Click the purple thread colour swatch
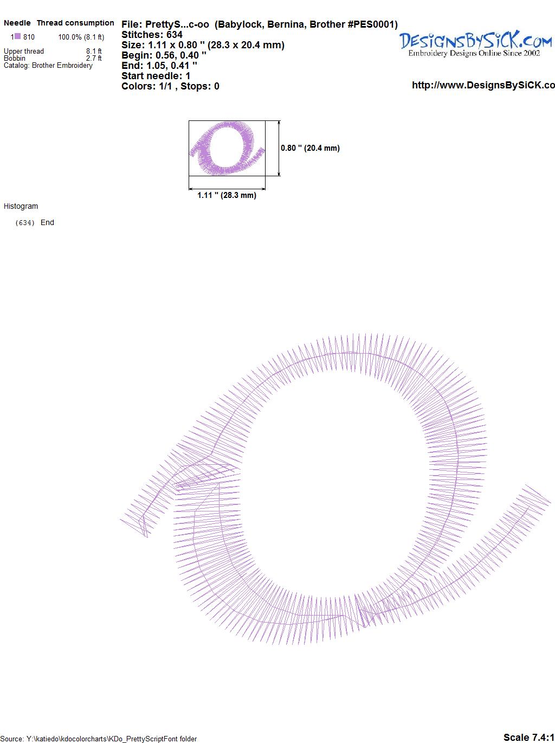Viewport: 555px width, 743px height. [17, 36]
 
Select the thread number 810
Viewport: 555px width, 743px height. [29, 37]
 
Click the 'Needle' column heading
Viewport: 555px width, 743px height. [17, 23]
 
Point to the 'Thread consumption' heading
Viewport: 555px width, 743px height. [75, 23]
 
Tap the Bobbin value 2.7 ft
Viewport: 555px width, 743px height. [94, 58]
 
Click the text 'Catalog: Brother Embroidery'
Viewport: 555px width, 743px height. [48, 65]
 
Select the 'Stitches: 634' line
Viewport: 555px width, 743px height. [152, 35]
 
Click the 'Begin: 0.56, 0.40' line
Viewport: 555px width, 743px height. [164, 55]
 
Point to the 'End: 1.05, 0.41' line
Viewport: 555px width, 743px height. [159, 65]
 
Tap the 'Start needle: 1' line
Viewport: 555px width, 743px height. [156, 76]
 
